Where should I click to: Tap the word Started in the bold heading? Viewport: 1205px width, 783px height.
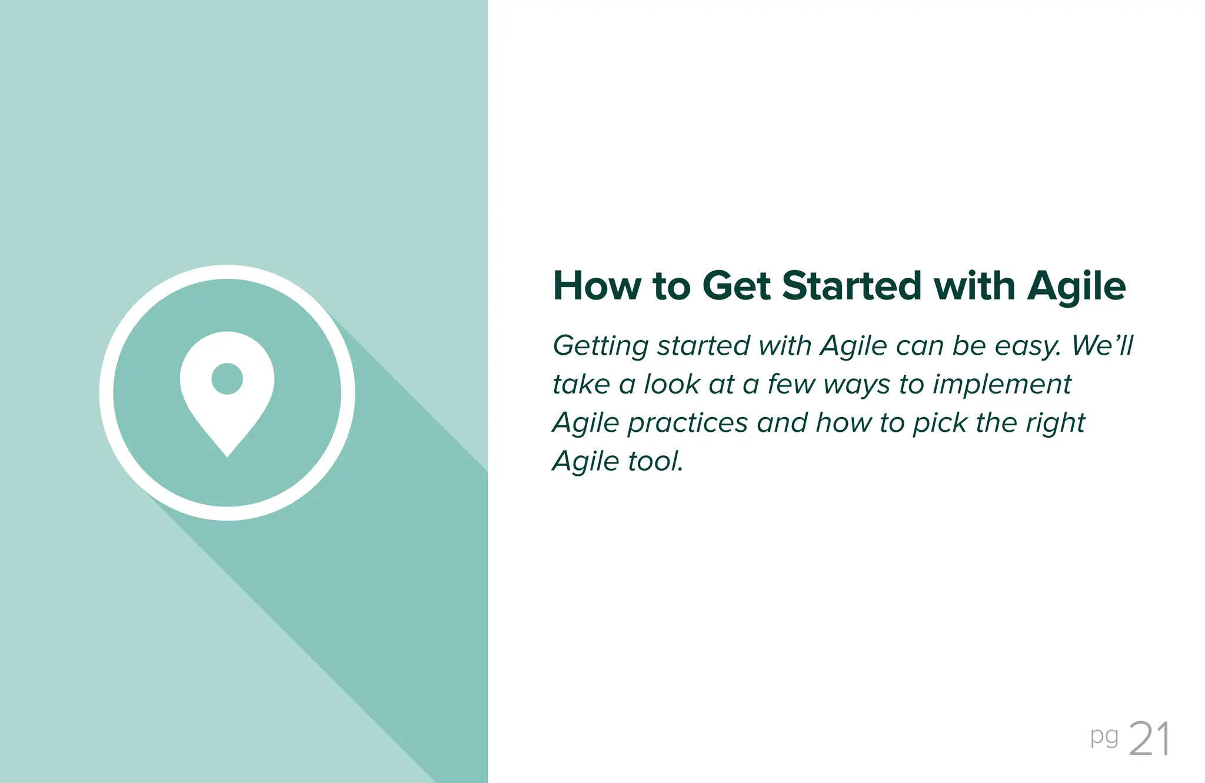coord(851,286)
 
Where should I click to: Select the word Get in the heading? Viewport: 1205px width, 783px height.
coord(736,286)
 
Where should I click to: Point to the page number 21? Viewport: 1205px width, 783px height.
coord(1149,739)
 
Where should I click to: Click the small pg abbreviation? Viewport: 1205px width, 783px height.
coord(1104,737)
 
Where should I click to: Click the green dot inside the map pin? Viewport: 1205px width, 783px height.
coord(227,378)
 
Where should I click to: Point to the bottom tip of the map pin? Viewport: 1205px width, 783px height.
coord(227,454)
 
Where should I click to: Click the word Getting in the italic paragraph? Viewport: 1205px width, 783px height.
coord(600,346)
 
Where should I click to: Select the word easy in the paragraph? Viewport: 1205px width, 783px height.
coord(1027,346)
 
